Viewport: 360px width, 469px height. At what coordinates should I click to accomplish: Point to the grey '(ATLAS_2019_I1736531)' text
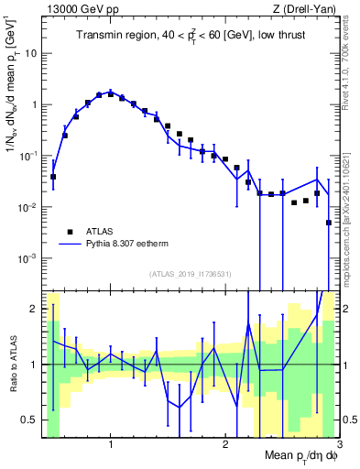191,274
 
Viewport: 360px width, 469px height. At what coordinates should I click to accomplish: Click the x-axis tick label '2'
224,444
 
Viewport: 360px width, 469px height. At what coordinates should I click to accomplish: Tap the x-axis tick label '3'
339,444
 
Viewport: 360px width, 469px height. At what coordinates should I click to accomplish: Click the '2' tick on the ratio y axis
33,309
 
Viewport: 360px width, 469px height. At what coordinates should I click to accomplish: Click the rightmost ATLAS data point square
328,223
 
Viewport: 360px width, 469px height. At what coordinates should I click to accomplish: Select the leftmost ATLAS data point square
53,177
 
